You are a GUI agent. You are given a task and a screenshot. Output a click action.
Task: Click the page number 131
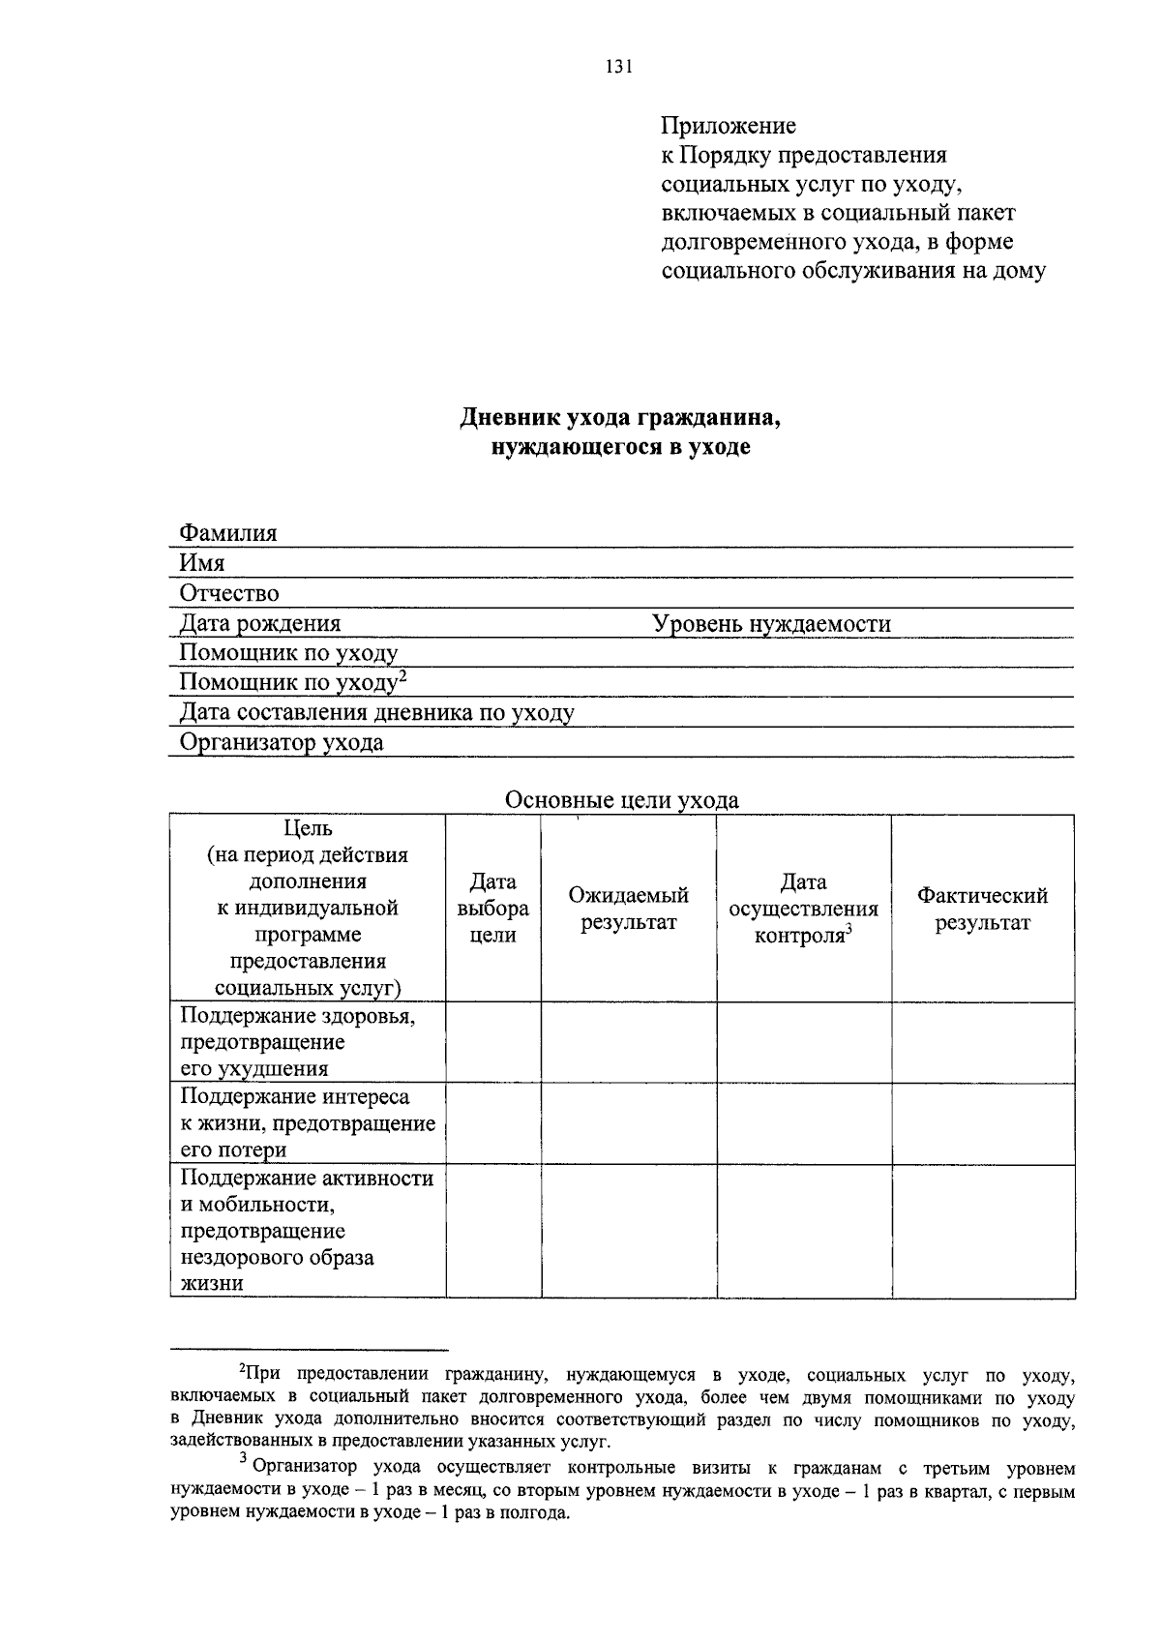point(619,67)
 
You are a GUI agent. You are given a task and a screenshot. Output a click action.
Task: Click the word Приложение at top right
point(729,126)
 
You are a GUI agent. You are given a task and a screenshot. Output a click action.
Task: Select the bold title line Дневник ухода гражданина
point(619,418)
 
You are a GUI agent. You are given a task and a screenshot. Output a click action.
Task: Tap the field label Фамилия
point(228,533)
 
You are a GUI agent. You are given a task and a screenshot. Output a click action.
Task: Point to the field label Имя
point(202,563)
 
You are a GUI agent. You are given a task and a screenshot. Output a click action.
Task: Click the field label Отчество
point(229,593)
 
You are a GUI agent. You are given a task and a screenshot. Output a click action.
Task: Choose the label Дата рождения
point(260,624)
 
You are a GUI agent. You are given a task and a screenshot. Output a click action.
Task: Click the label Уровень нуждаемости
point(771,624)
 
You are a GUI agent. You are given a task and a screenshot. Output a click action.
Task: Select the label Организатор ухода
point(282,743)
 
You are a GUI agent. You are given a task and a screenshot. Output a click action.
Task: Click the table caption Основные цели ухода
point(621,800)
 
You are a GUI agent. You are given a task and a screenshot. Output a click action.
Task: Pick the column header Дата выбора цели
point(492,909)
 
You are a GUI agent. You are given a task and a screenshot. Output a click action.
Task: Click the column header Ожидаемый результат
point(628,909)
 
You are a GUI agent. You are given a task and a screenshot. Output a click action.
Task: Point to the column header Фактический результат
point(982,909)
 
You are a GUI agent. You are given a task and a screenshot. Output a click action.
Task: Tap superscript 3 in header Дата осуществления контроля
point(848,930)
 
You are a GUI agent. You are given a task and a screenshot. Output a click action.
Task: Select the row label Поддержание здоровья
point(298,1016)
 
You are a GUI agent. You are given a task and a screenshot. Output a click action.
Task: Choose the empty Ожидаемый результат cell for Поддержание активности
point(628,1231)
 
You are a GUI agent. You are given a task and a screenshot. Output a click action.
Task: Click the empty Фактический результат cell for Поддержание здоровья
point(982,1042)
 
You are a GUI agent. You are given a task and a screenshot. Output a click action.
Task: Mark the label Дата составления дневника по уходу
point(377,713)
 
